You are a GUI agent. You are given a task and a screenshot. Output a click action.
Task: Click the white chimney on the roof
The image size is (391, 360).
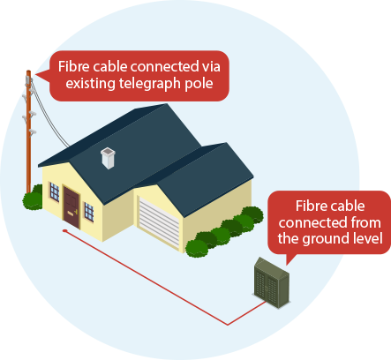click(108, 158)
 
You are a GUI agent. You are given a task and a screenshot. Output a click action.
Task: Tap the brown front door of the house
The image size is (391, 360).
click(71, 207)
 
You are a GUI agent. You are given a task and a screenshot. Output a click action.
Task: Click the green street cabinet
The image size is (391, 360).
click(271, 282)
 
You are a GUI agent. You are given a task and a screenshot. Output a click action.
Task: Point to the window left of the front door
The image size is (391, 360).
click(55, 191)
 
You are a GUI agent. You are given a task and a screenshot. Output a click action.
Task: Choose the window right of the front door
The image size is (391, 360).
click(89, 212)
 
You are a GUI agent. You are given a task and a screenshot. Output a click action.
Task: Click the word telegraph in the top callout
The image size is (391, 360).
click(150, 84)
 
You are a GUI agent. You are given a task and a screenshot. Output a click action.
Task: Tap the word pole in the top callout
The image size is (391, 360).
click(199, 84)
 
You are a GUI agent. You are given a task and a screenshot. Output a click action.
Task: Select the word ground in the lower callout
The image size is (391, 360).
click(327, 239)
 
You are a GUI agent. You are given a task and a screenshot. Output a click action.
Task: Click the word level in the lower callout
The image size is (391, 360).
click(368, 238)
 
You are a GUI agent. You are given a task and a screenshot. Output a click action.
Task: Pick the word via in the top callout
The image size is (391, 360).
click(211, 67)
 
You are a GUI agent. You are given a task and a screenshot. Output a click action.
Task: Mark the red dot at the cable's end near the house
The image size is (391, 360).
click(64, 231)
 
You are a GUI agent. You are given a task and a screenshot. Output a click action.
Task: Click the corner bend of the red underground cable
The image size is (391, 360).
click(228, 325)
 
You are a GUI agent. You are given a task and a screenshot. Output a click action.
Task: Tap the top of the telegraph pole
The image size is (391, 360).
click(28, 71)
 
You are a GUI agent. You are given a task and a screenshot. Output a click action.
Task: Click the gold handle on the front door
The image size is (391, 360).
click(76, 211)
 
